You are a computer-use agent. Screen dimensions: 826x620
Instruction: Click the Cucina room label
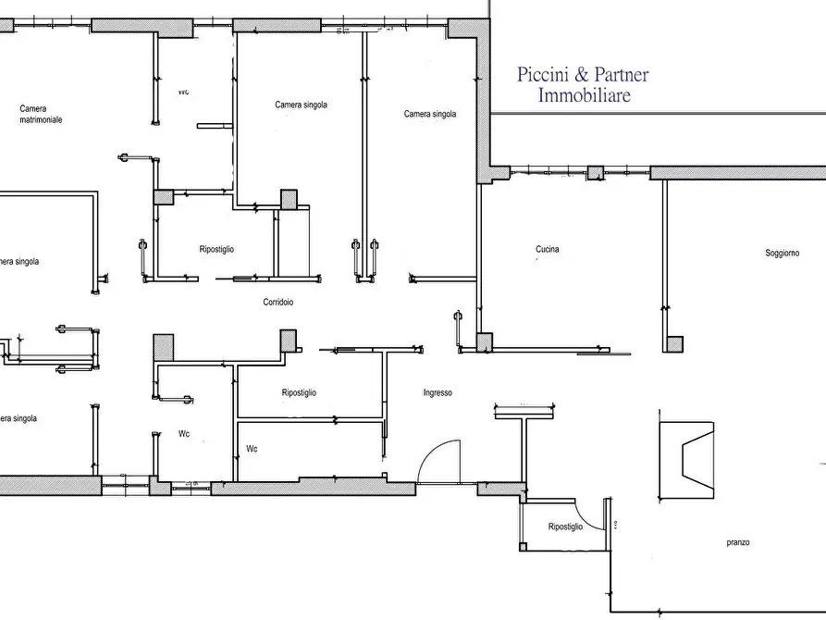pyautogui.click(x=547, y=249)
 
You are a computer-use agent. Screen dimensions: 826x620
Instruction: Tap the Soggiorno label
pyautogui.click(x=783, y=253)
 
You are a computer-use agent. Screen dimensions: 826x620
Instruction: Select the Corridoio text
pyautogui.click(x=278, y=302)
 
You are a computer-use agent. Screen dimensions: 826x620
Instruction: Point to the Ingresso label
pyautogui.click(x=438, y=392)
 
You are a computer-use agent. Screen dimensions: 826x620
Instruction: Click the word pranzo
pyautogui.click(x=738, y=542)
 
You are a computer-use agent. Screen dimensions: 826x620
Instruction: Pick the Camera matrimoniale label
pyautogui.click(x=41, y=114)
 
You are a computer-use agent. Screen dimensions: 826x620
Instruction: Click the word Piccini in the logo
pyautogui.click(x=543, y=74)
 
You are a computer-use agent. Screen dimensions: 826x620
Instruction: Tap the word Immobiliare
pyautogui.click(x=585, y=95)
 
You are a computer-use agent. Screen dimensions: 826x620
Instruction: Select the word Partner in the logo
pyautogui.click(x=622, y=74)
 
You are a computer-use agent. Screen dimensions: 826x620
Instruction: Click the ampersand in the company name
pyautogui.click(x=582, y=74)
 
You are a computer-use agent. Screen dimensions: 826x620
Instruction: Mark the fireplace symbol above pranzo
pyautogui.click(x=687, y=460)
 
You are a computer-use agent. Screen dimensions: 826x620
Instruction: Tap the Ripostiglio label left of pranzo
pyautogui.click(x=565, y=527)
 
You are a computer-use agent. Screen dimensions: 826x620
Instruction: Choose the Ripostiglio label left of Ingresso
pyautogui.click(x=299, y=392)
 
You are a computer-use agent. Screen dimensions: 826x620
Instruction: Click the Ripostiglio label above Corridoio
pyautogui.click(x=216, y=249)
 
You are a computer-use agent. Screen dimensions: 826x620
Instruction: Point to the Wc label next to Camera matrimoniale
pyautogui.click(x=183, y=92)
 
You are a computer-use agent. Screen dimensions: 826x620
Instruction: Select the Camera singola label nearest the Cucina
pyautogui.click(x=430, y=114)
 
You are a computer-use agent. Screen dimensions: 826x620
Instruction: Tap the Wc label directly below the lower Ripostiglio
pyautogui.click(x=252, y=449)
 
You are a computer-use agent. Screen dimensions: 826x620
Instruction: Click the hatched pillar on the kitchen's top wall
pyautogui.click(x=596, y=173)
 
